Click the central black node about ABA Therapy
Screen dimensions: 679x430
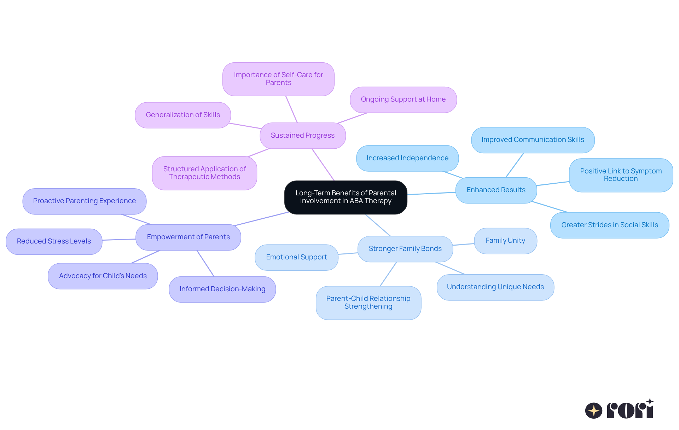tap(346, 197)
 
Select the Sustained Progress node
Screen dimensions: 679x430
tap(302, 136)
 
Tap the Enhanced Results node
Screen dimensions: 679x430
tap(496, 190)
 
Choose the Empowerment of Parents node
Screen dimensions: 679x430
tap(188, 237)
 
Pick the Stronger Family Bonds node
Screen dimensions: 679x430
tap(405, 249)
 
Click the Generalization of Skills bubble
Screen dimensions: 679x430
tap(183, 115)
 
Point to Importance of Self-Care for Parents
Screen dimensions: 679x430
tap(278, 79)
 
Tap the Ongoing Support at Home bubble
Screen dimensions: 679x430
tap(403, 99)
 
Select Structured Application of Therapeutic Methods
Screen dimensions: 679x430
tap(204, 173)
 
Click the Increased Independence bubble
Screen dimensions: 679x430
tap(407, 158)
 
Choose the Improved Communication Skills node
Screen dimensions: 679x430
tap(533, 140)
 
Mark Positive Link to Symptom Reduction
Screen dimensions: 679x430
tap(621, 175)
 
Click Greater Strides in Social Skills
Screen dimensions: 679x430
tap(609, 225)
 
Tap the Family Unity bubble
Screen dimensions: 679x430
tap(505, 241)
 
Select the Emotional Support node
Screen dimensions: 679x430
tap(296, 257)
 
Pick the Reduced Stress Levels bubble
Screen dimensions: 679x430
tap(54, 241)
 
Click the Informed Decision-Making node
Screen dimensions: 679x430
tap(222, 289)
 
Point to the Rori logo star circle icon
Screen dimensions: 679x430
tap(593, 411)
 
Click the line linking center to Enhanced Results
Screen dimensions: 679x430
tap(431, 193)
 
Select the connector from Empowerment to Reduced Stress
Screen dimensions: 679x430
tap(119, 240)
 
